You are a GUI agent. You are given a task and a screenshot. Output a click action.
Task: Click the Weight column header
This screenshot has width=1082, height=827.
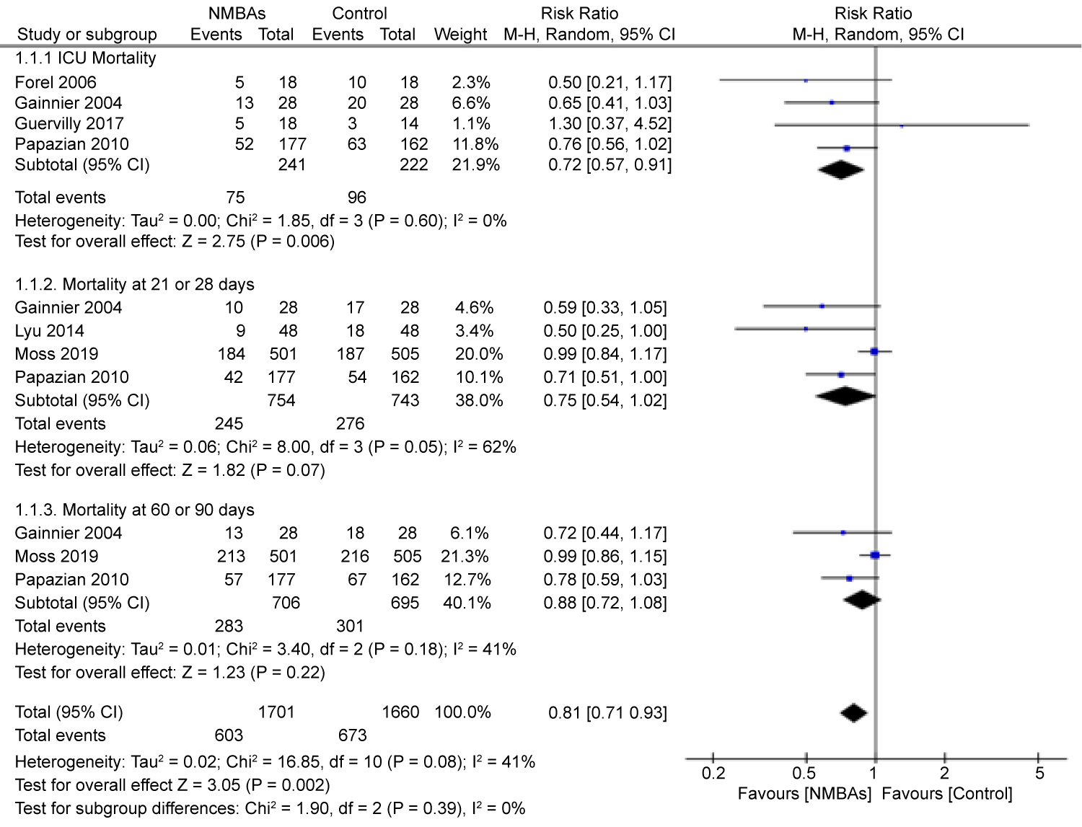coord(460,35)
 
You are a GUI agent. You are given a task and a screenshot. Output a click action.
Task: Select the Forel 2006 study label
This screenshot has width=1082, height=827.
coord(56,82)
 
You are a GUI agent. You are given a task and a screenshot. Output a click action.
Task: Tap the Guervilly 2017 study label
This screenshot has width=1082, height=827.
coord(69,123)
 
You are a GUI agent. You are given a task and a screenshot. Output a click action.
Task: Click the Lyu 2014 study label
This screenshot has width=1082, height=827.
coord(49,331)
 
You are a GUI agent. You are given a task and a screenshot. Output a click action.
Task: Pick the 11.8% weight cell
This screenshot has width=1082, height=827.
coord(475,144)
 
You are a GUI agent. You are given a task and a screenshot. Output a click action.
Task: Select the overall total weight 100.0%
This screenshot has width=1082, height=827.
coord(462,712)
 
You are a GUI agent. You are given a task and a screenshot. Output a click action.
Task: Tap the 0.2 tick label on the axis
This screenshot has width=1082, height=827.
coord(713,774)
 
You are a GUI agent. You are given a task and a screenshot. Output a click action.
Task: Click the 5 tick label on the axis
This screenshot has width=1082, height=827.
coord(1039,774)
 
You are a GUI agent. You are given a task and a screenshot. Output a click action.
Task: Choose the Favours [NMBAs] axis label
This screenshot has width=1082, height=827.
coord(804,794)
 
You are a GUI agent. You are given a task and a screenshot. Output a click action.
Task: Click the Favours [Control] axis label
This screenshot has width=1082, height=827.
coord(946,794)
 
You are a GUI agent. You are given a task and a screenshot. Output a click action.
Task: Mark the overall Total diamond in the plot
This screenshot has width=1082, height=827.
coord(853,712)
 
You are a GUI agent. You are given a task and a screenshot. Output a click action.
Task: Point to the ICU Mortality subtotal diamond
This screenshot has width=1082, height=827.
coord(840,170)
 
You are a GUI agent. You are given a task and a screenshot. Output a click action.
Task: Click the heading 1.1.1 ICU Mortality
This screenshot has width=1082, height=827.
coord(85,58)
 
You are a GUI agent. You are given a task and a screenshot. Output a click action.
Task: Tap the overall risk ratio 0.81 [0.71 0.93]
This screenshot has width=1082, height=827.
coord(607,713)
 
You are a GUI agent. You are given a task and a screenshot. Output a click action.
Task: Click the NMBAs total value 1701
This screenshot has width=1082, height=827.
coord(276,712)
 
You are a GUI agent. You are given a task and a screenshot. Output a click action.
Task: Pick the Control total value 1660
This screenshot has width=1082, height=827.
coord(400,712)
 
